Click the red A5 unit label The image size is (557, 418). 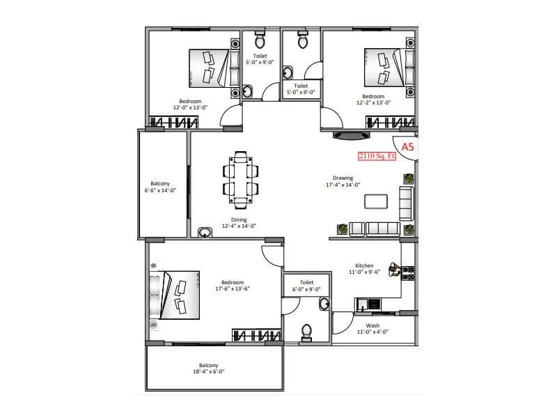pyautogui.click(x=407, y=146)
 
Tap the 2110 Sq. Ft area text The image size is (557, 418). pyautogui.click(x=377, y=157)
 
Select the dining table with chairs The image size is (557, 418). pyautogui.click(x=240, y=180)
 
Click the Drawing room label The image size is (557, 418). pyautogui.click(x=343, y=178)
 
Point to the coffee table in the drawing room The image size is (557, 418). pyautogui.click(x=376, y=201)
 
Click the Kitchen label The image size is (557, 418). pyautogui.click(x=364, y=265)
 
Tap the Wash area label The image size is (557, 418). pyautogui.click(x=372, y=325)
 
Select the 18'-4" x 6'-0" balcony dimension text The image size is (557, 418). pyautogui.click(x=208, y=372)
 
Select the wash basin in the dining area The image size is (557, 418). pyautogui.click(x=205, y=232)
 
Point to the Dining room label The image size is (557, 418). pyautogui.click(x=239, y=219)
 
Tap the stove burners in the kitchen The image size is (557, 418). pyautogui.click(x=409, y=273)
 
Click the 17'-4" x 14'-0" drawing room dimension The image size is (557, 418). pyautogui.click(x=343, y=185)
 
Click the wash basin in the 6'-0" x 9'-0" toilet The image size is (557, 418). pyautogui.click(x=324, y=303)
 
